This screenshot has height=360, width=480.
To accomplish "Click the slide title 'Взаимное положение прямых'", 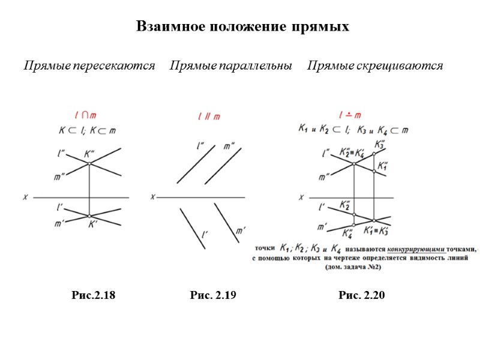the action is tap(242, 27).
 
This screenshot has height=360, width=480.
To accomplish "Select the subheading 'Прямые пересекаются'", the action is tap(89, 65).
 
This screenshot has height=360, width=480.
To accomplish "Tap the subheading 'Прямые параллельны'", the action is tap(231, 65).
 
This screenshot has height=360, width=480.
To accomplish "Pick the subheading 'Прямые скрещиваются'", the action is tap(375, 65).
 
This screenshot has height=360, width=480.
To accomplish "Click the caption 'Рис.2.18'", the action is tap(93, 295).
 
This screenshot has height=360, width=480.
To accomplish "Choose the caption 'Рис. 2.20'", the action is tap(361, 295).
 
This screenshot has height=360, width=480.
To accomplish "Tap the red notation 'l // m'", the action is tap(208, 117).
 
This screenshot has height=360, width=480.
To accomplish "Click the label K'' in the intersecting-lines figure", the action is tap(92, 154).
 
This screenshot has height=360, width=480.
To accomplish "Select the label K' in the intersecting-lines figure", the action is tap(93, 225).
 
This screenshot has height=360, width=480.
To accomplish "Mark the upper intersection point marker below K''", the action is tap(89, 163).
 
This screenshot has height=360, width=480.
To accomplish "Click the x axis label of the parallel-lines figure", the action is tap(153, 196).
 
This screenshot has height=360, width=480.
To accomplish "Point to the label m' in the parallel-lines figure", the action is tap(240, 230).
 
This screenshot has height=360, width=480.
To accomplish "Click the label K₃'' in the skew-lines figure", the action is tap(380, 145).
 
